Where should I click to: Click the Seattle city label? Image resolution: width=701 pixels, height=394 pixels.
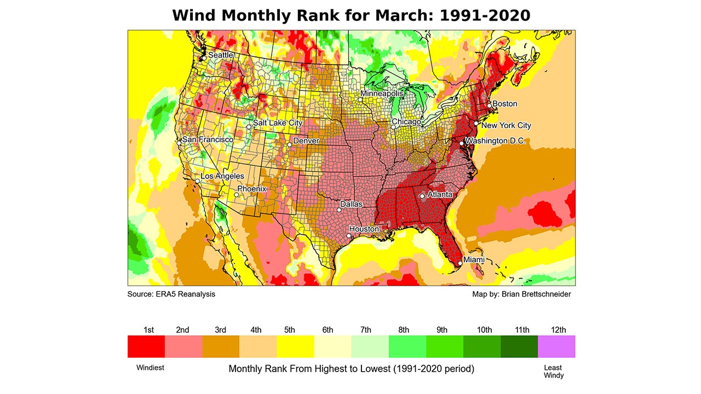click(x=221, y=55)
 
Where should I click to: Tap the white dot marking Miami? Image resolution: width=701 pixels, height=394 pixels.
click(x=460, y=264)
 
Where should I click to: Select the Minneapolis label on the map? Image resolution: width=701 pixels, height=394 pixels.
click(x=382, y=94)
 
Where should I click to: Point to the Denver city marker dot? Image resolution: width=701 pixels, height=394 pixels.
click(x=290, y=144)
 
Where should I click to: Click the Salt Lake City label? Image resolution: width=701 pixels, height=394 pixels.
click(x=278, y=123)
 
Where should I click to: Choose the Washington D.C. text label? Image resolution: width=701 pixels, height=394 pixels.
click(x=496, y=141)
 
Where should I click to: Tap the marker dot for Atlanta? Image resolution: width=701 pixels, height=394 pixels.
click(x=422, y=196)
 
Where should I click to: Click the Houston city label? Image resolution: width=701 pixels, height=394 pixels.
click(x=364, y=229)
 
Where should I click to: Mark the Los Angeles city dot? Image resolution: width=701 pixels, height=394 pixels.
click(x=198, y=181)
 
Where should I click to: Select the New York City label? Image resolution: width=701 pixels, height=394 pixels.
click(x=506, y=125)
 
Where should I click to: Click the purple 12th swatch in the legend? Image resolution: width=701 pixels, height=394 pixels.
click(x=556, y=346)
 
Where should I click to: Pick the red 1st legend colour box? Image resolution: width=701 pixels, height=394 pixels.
click(x=146, y=346)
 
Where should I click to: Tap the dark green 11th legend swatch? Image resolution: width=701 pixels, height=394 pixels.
click(x=519, y=346)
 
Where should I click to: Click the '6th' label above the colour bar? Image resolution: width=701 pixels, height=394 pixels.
click(x=327, y=330)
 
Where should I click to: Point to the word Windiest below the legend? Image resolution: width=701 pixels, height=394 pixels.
click(x=150, y=368)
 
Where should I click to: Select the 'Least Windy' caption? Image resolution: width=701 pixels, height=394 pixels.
click(x=553, y=371)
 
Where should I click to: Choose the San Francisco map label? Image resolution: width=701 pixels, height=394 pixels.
click(x=208, y=140)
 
